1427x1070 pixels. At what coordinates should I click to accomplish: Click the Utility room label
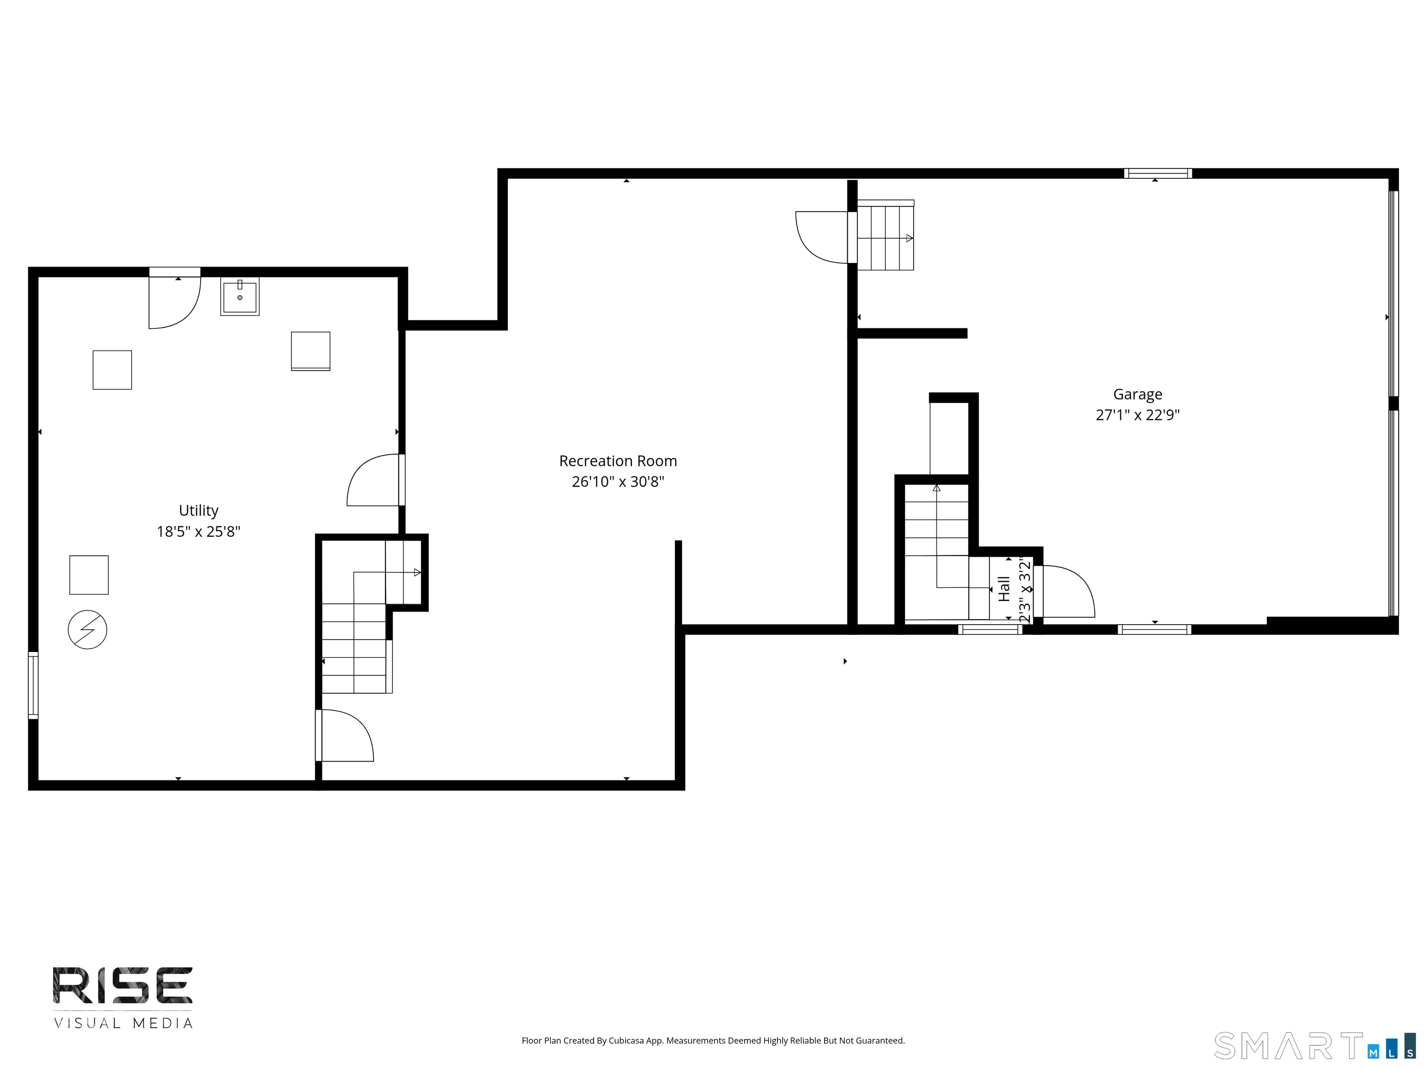click(x=199, y=510)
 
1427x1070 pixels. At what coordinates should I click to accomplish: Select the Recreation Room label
click(x=618, y=461)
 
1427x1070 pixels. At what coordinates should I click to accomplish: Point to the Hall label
click(x=1004, y=589)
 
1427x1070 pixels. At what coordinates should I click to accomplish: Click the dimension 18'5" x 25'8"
click(x=199, y=531)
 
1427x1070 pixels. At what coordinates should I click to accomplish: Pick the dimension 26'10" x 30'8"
click(x=618, y=482)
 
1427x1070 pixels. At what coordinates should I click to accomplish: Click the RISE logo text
click(x=123, y=985)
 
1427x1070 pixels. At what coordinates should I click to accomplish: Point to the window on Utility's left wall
click(x=33, y=685)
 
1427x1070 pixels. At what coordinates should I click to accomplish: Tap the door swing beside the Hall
click(x=1065, y=592)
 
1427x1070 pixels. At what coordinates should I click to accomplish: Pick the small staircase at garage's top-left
click(x=885, y=235)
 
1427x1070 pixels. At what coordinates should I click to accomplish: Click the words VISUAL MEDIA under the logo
click(x=123, y=1024)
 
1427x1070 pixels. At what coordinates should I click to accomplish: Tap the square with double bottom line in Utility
click(x=310, y=352)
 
